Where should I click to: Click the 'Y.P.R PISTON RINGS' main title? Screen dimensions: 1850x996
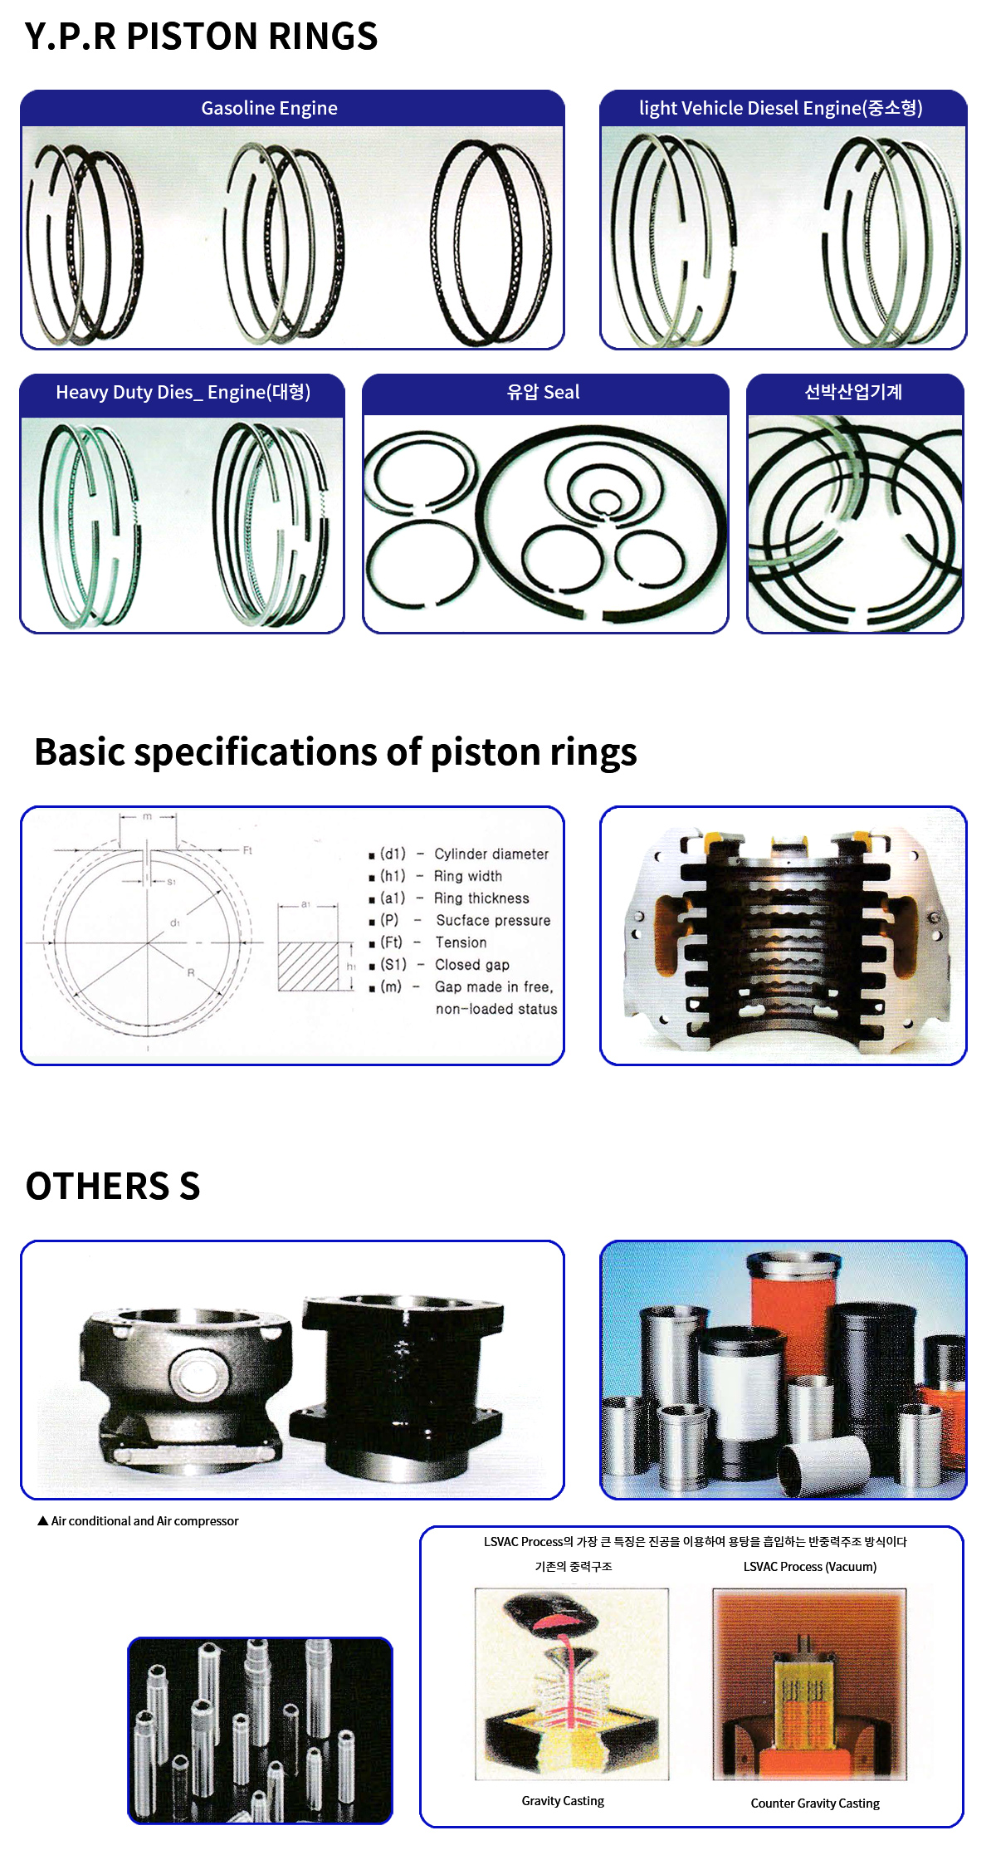(x=201, y=37)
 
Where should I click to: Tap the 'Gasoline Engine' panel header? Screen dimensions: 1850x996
(x=269, y=108)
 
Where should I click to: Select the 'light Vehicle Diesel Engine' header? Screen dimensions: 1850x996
(x=780, y=108)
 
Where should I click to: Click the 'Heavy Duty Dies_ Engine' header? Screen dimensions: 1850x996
(x=183, y=392)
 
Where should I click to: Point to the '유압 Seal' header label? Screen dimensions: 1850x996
(x=544, y=392)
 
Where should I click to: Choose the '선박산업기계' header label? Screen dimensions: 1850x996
(x=853, y=392)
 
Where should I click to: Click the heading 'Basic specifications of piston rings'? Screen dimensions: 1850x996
(x=335, y=752)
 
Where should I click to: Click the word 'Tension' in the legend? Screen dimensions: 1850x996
(x=461, y=942)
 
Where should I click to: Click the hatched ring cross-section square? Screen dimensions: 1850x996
(x=308, y=966)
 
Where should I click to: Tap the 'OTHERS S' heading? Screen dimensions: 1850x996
(x=113, y=1186)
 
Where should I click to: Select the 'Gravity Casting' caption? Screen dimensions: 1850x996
(x=563, y=1800)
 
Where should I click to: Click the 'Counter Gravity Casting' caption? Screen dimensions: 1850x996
(x=815, y=1803)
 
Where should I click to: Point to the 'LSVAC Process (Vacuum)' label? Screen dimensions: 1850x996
(x=809, y=1567)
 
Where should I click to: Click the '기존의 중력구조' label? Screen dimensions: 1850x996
(x=574, y=1567)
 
